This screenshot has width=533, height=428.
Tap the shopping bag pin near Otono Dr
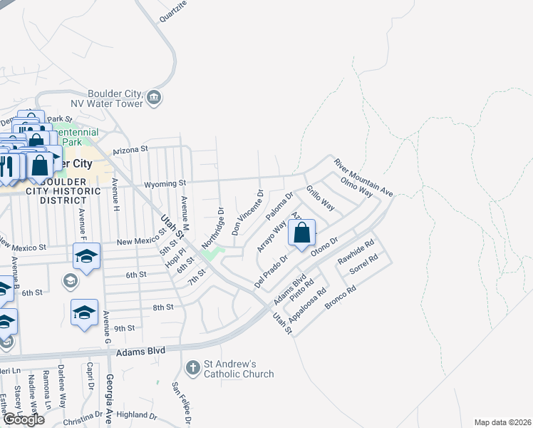[x=301, y=233]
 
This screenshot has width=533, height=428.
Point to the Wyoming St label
[x=165, y=183]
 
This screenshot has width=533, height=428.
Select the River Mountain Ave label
[x=364, y=178]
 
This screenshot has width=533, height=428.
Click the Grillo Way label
[x=321, y=198]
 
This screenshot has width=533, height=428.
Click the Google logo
[x=24, y=419]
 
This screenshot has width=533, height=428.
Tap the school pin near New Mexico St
[x=86, y=256]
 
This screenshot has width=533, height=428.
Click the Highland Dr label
[x=136, y=414]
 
